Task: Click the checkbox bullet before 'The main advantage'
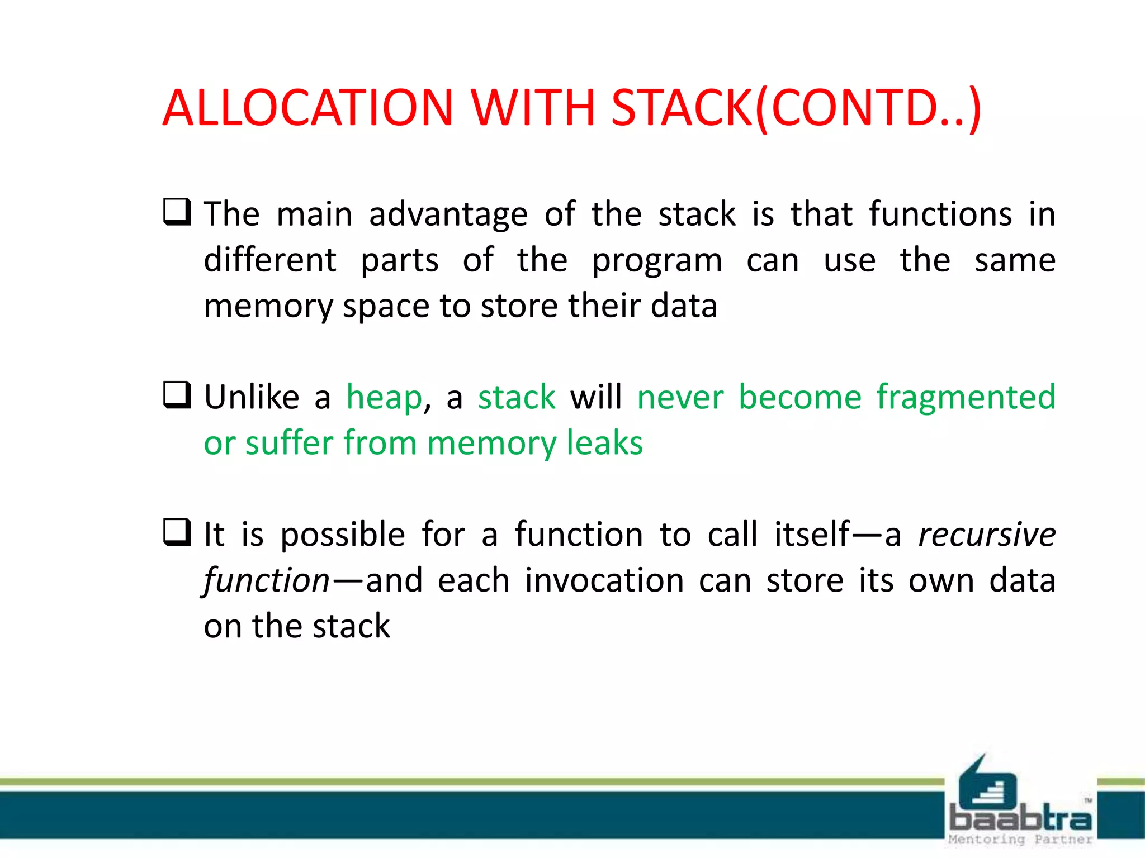pos(177,212)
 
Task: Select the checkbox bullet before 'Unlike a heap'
pos(177,395)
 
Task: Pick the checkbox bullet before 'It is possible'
pos(177,532)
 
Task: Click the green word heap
pos(385,398)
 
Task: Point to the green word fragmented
pos(966,398)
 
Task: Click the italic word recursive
pos(987,535)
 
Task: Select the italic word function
pos(267,581)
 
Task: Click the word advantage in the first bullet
pos(448,214)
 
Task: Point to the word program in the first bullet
pos(657,261)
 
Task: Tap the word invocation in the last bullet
pos(604,581)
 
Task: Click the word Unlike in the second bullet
pos(252,398)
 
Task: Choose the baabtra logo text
pos(1020,819)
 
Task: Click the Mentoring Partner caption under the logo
pos(1020,840)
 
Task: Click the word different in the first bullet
pos(270,260)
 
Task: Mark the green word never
pos(680,398)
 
